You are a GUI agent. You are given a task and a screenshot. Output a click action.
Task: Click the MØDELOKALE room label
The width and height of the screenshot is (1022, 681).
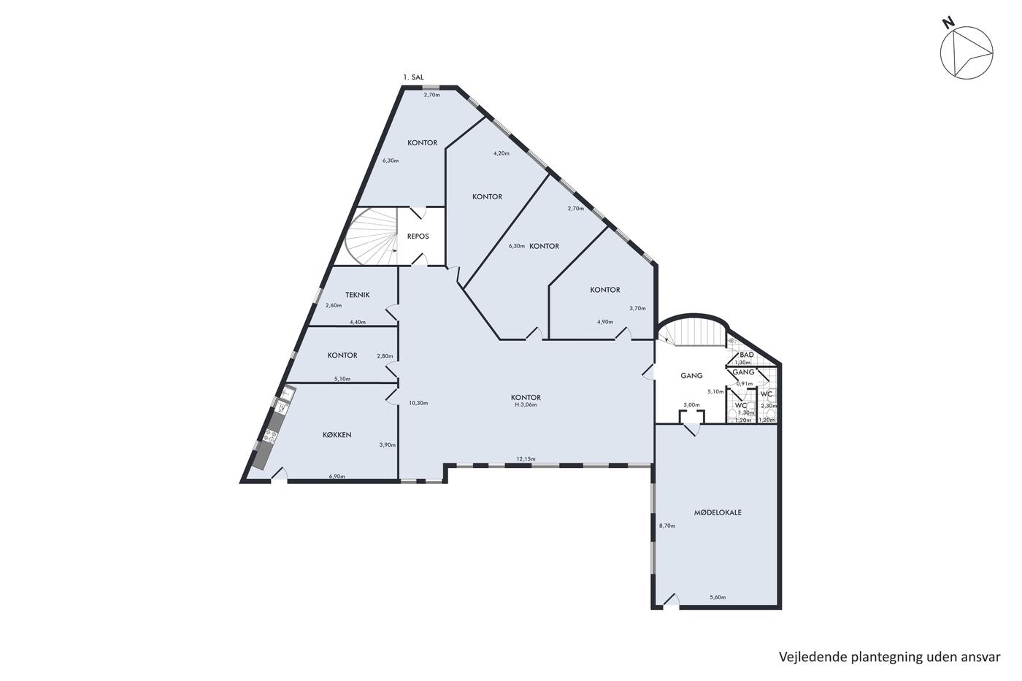pos(718,512)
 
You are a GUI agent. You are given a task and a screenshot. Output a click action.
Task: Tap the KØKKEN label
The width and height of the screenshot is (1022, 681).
pos(337,435)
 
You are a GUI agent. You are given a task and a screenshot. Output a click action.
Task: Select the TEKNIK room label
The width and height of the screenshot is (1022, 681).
pos(357,295)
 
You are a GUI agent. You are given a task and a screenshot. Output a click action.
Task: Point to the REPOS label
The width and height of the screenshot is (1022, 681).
pos(418,236)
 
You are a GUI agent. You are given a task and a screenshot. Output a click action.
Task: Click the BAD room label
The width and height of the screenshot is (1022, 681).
pos(747,355)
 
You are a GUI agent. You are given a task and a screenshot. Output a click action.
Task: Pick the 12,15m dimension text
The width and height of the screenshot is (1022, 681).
pos(526,459)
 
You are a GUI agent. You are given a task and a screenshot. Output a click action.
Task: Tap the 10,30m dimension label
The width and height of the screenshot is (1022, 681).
pos(418,403)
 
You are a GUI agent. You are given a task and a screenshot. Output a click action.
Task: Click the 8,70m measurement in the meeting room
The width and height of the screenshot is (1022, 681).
pos(667,526)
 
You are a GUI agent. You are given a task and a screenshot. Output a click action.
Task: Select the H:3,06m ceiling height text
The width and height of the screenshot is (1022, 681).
pos(526,404)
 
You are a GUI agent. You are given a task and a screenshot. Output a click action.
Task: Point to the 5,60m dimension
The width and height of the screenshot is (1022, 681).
pos(718,597)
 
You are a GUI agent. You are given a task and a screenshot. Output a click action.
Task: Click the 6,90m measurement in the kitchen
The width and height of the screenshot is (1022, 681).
pos(337,476)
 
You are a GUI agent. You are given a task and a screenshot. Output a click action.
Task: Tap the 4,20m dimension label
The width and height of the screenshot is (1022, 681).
pos(502,153)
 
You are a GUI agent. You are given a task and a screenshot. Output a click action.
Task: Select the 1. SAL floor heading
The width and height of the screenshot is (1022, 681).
pos(413,77)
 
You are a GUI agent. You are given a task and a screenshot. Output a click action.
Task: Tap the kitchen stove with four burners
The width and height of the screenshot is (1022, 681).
pos(270,436)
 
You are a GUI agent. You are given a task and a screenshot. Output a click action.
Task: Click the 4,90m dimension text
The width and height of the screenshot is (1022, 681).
pos(605,322)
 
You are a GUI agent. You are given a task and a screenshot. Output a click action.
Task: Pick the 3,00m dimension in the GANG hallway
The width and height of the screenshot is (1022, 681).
pos(691,404)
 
